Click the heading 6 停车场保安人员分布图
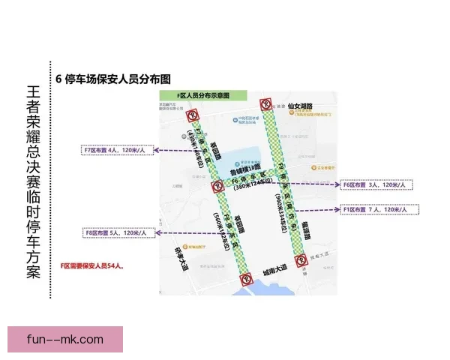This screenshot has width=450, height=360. pos(114,79)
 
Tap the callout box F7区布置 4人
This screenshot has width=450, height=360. pos(118,151)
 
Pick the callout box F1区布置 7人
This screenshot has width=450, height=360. pos(374,209)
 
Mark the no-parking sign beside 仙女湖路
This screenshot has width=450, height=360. pos(265,105)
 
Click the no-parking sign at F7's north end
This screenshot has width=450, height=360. pos(192,115)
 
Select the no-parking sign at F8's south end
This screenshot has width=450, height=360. pos(246,281)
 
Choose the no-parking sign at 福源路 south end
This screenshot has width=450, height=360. pos(305,255)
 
